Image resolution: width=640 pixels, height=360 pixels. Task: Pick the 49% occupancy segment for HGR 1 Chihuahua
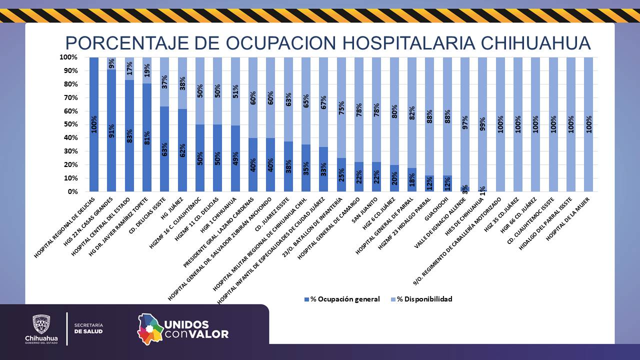(x=235, y=158)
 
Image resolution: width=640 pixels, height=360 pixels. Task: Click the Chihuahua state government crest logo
(x=41, y=324)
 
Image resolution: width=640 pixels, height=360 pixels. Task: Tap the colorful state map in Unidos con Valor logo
(x=150, y=328)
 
